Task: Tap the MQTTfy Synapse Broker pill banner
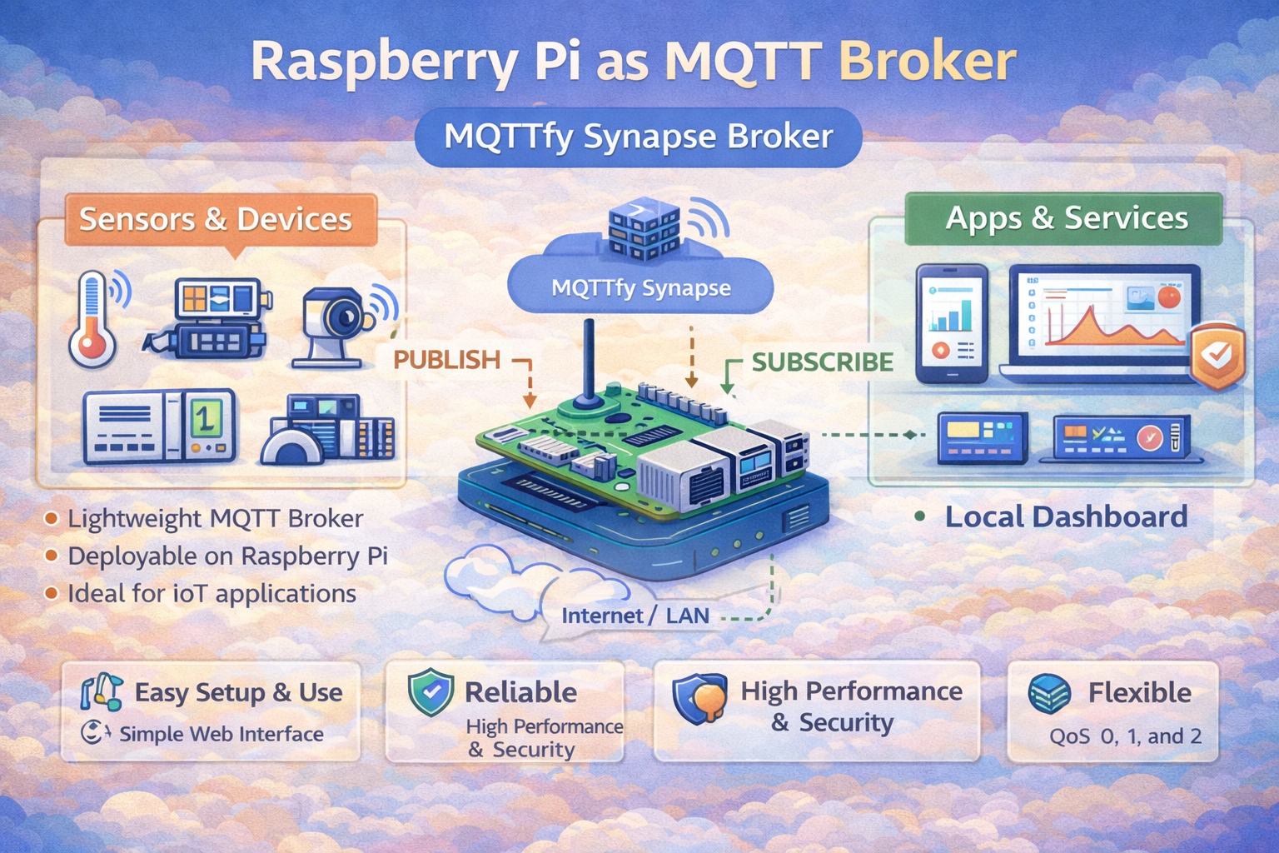click(638, 137)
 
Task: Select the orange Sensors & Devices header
click(216, 219)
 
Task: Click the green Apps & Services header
click(1066, 218)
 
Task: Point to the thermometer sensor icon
click(93, 320)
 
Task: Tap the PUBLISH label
click(446, 360)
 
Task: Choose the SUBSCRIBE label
click(822, 362)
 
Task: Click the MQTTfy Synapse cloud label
click(640, 288)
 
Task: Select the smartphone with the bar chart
click(952, 323)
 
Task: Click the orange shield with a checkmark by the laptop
click(1217, 357)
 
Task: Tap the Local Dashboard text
click(1065, 516)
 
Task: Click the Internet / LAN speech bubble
click(635, 616)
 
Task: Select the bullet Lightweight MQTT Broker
click(215, 519)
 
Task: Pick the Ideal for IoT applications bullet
click(212, 594)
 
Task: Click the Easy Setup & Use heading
click(238, 692)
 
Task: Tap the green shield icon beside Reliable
click(430, 692)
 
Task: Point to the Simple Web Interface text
click(221, 734)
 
